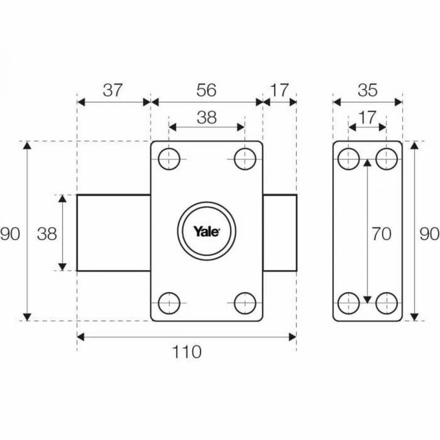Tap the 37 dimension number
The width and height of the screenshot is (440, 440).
(113, 90)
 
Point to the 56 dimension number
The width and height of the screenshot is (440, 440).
(207, 90)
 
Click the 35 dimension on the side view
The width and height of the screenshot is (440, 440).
(367, 90)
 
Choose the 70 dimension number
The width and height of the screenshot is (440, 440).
(381, 234)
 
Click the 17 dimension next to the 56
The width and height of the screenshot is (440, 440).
(279, 90)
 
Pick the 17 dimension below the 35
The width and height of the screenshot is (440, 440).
(367, 117)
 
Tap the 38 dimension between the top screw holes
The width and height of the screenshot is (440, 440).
(207, 117)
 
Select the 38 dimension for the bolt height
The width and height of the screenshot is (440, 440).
(48, 233)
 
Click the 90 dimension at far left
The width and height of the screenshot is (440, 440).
(10, 233)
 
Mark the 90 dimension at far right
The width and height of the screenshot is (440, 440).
(430, 233)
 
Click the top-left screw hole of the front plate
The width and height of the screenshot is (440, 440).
(169, 159)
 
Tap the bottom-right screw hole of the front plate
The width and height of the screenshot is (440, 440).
(244, 302)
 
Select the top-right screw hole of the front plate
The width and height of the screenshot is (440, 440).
(244, 159)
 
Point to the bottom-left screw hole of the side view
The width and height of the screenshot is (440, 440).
(349, 302)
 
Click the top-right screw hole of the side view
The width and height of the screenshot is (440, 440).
(386, 159)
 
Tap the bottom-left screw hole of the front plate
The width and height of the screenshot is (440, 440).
(169, 302)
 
